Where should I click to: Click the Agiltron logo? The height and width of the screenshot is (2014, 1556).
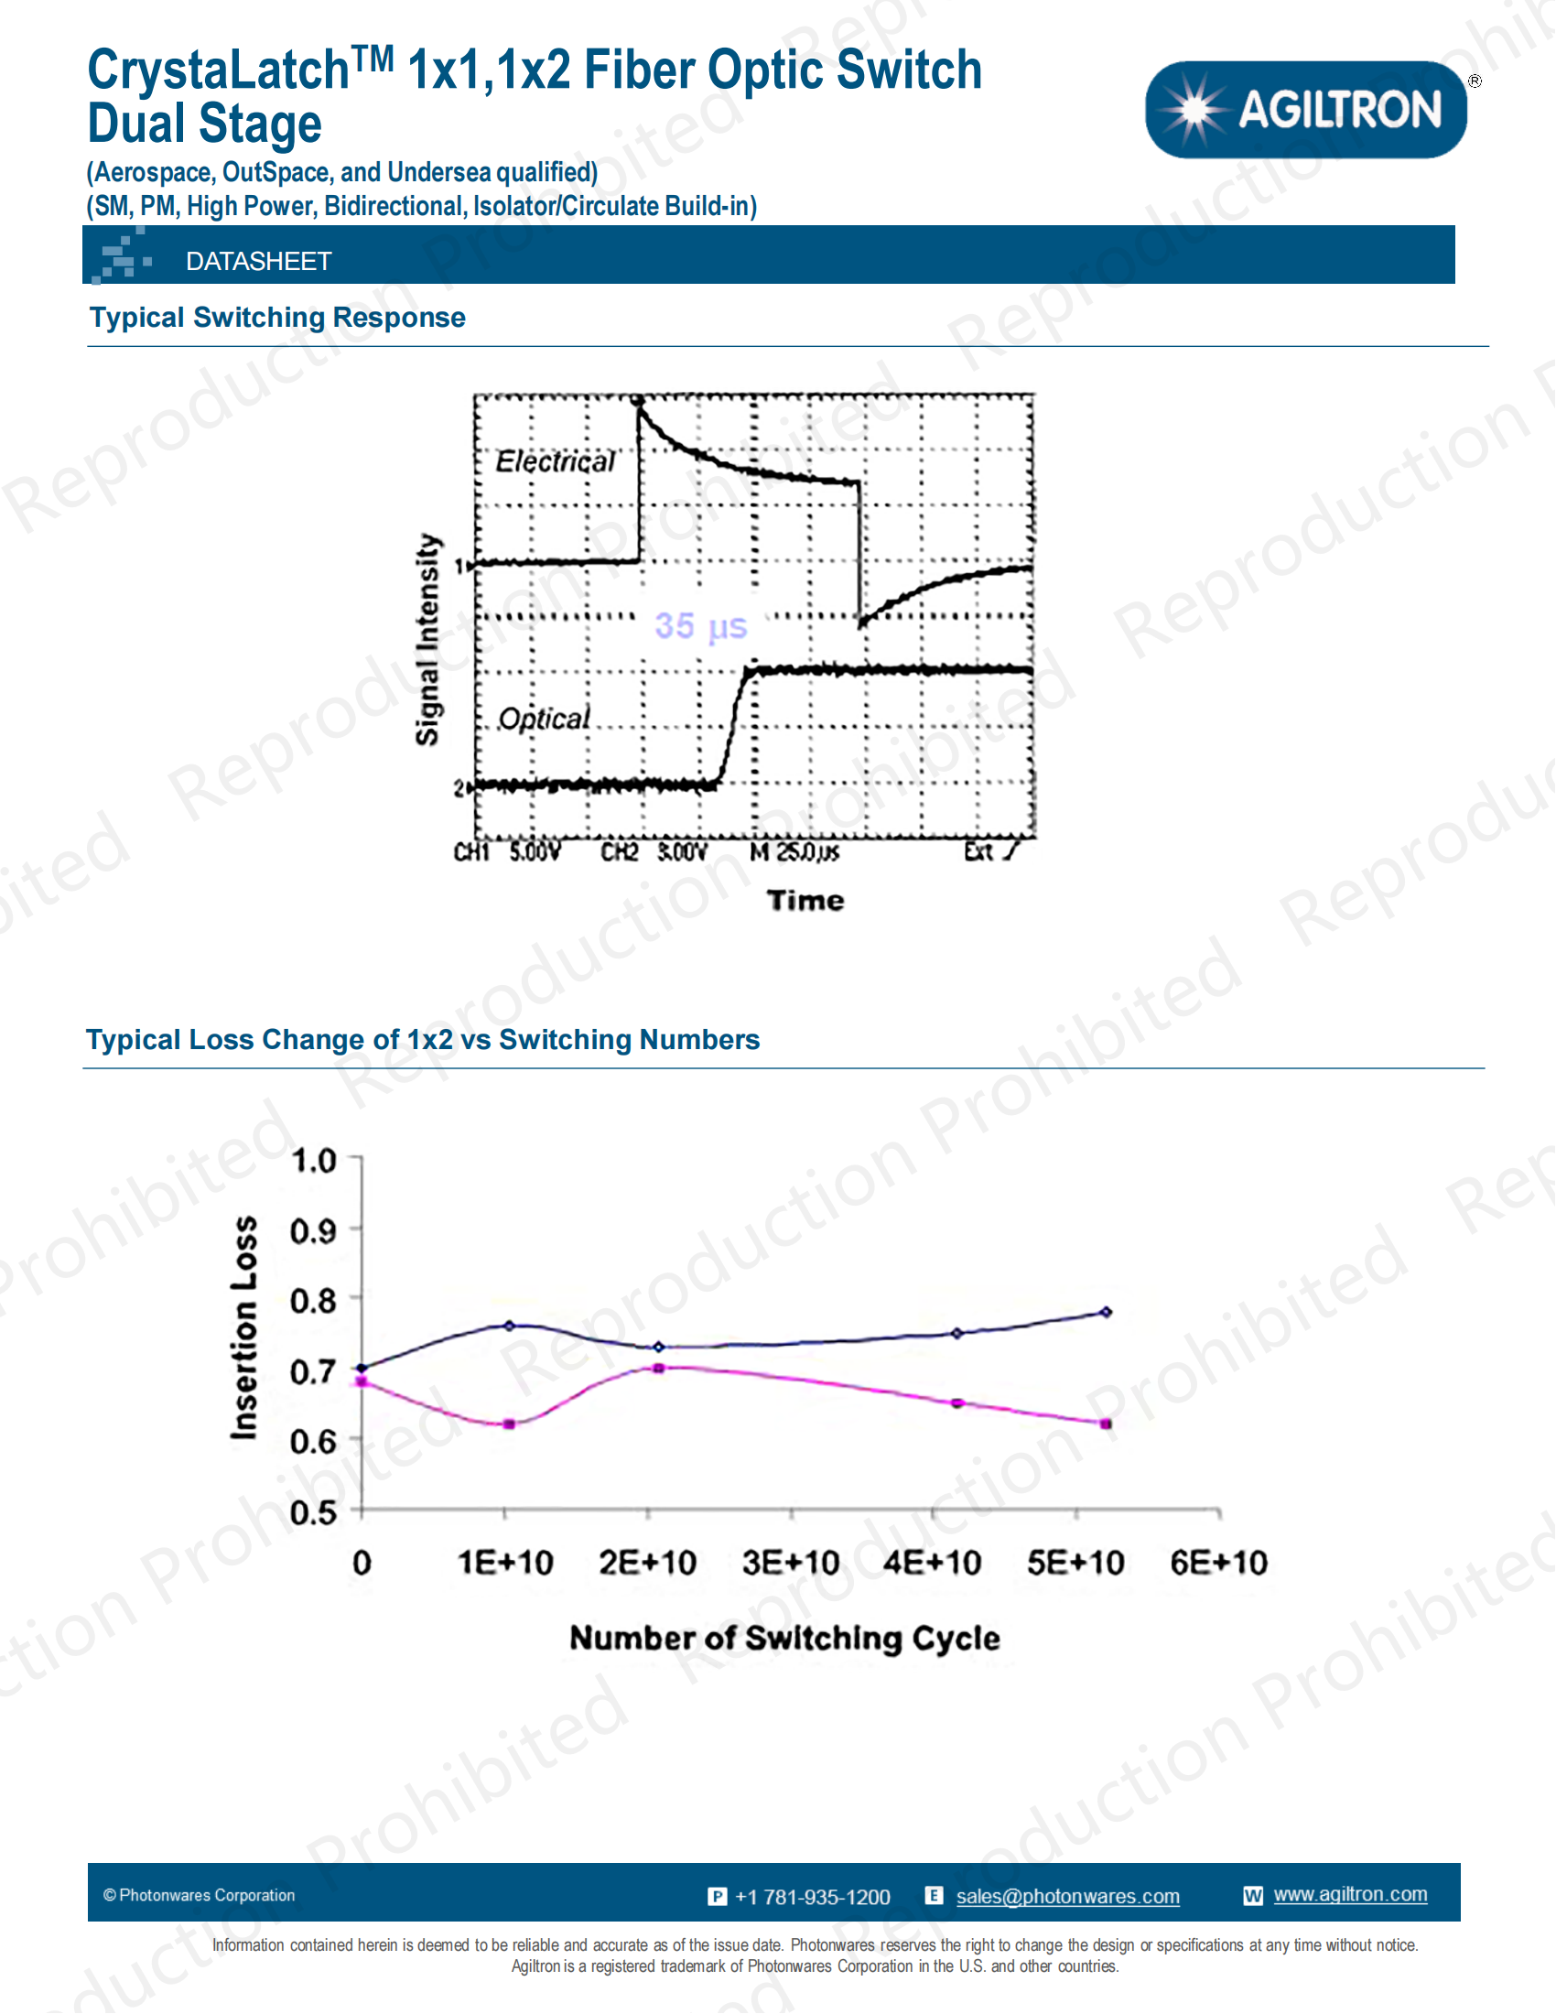(x=1305, y=110)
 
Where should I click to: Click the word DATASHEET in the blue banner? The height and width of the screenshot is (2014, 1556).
(x=258, y=262)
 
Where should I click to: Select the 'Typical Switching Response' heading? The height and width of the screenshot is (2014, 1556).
(x=277, y=318)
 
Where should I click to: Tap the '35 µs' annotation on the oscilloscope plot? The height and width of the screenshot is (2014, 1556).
(x=700, y=626)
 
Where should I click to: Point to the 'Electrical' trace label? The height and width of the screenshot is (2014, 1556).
(x=555, y=461)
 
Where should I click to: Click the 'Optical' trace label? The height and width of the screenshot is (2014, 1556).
(x=544, y=719)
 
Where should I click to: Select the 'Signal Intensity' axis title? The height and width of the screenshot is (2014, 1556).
(x=427, y=639)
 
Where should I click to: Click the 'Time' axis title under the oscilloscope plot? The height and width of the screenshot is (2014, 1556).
(x=805, y=900)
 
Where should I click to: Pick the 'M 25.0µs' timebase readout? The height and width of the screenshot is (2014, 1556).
(x=794, y=852)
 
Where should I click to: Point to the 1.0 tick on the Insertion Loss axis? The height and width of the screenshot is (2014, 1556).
(x=313, y=1160)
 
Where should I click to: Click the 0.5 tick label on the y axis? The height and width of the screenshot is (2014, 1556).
(x=313, y=1513)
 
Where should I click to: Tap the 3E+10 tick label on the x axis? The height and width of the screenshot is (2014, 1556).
(x=791, y=1563)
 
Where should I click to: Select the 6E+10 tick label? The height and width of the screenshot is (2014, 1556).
(x=1218, y=1563)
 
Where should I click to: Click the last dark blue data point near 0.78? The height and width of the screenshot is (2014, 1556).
(x=1107, y=1311)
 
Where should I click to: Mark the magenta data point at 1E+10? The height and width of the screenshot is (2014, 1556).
(x=510, y=1424)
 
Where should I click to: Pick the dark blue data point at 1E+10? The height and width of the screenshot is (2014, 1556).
(x=510, y=1326)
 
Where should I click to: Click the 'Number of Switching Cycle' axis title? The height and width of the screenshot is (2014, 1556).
(x=784, y=1639)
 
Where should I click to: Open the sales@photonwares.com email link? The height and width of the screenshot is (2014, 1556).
(x=1067, y=1896)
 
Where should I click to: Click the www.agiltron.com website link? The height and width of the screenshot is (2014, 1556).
(x=1349, y=1894)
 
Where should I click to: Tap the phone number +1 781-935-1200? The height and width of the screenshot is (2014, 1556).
(x=812, y=1897)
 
